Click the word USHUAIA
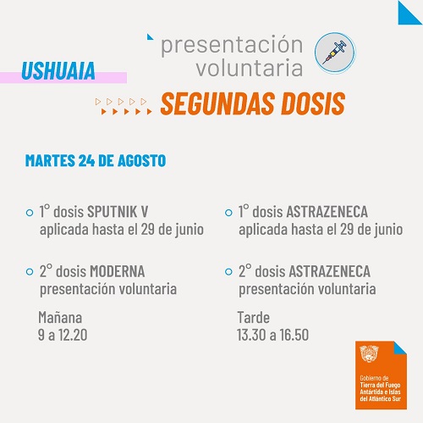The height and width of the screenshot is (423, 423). (x=58, y=70)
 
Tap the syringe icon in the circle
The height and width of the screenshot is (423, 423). (x=335, y=52)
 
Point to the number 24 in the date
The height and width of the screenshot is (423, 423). (x=86, y=160)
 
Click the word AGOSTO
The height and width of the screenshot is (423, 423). (x=141, y=160)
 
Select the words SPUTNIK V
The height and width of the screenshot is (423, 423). (x=118, y=212)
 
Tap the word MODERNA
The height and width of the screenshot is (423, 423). (x=118, y=271)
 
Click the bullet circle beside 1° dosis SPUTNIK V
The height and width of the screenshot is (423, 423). (x=30, y=213)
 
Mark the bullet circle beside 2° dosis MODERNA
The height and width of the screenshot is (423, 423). (x=30, y=271)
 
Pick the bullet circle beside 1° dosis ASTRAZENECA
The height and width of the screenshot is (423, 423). (x=228, y=213)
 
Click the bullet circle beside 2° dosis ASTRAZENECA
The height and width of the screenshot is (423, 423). (x=228, y=271)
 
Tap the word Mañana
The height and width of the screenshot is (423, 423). (x=60, y=317)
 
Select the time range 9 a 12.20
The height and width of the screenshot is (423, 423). (x=63, y=335)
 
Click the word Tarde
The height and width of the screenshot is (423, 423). (x=254, y=317)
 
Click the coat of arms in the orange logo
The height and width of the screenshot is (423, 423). (x=369, y=353)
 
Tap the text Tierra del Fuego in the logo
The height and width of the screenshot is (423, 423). (x=380, y=385)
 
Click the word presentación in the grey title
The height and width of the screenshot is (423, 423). (x=232, y=45)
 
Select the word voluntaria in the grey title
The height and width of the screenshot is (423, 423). (x=250, y=68)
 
